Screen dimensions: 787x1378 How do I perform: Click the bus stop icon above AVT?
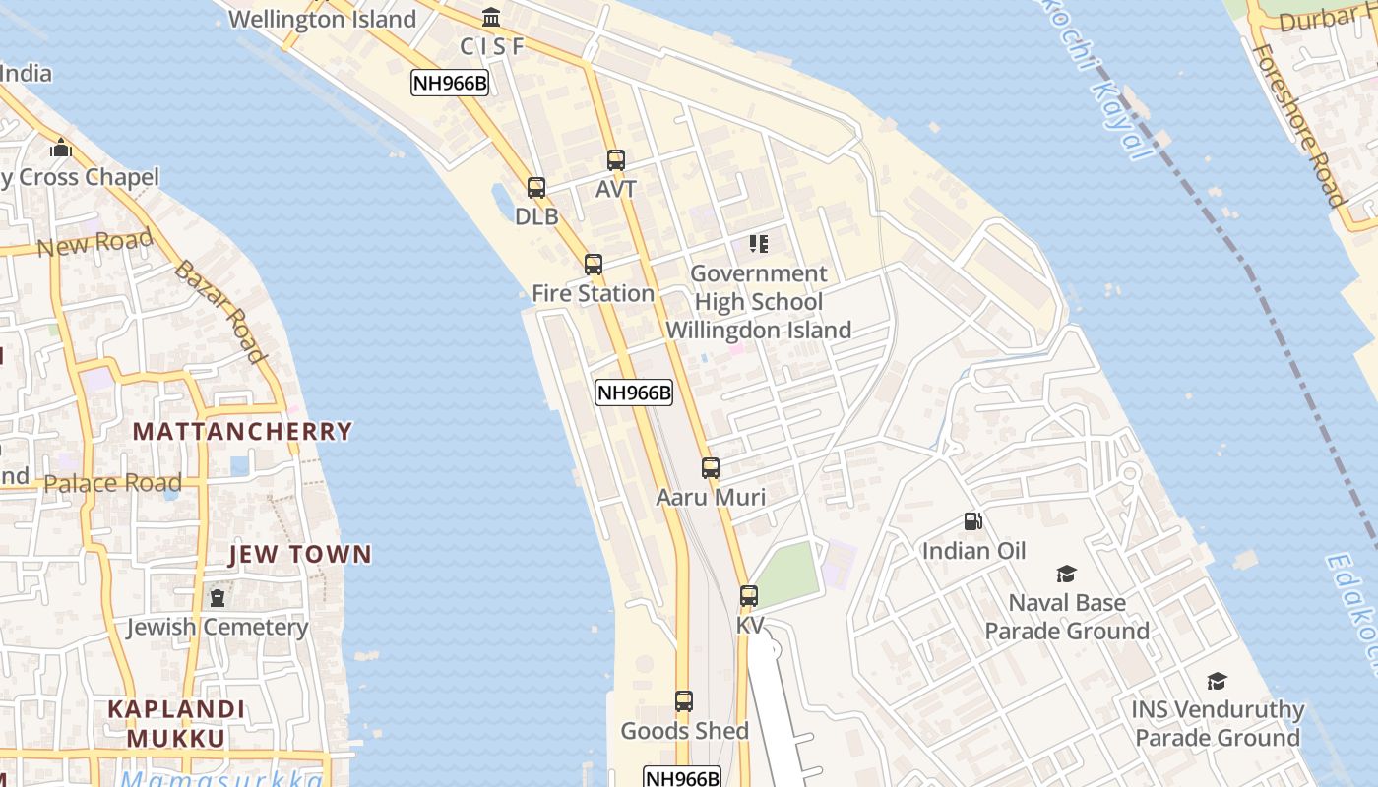[x=616, y=159]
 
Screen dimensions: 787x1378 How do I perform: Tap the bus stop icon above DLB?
[x=536, y=187]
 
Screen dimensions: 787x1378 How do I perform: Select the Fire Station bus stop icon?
[x=593, y=264]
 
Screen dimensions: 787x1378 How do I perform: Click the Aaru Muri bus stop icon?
[x=711, y=468]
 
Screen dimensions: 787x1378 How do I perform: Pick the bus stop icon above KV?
[x=749, y=595]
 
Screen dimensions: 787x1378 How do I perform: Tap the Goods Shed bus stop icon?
[x=684, y=701]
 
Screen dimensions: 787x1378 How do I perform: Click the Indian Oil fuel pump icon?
[x=972, y=521]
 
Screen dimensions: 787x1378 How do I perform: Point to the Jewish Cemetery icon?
[x=218, y=597]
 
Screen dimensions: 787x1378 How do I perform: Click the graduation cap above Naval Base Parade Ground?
[x=1066, y=574]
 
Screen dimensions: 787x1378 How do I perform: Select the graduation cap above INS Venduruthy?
[x=1218, y=681]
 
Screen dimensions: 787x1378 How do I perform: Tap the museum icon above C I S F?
[x=491, y=17]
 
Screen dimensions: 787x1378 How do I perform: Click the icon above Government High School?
[x=758, y=243]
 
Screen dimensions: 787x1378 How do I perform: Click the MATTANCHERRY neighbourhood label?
[x=242, y=431]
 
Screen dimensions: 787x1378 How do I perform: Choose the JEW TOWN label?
[x=300, y=554]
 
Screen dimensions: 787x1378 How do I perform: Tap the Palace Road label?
[x=113, y=483]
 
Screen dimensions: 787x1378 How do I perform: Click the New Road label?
[x=95, y=242]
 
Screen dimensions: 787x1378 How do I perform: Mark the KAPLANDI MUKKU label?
[x=176, y=723]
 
